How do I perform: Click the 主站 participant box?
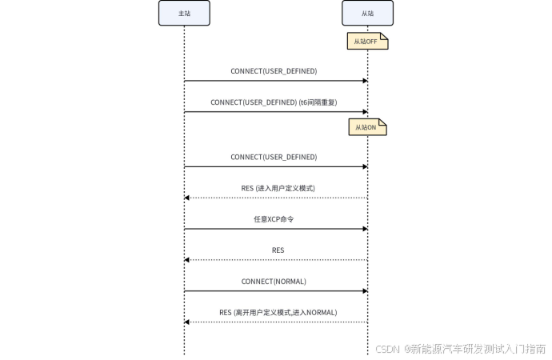(x=184, y=13)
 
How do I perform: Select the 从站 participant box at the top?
(x=367, y=13)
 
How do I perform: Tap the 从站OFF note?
(x=367, y=41)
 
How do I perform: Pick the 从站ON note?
(x=367, y=127)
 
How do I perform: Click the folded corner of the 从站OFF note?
(x=385, y=36)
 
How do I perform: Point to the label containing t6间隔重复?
(x=274, y=102)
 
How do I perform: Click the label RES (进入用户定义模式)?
(x=278, y=188)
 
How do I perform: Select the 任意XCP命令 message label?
(x=274, y=219)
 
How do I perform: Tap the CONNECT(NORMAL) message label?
(x=274, y=282)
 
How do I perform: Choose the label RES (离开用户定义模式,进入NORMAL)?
(x=278, y=313)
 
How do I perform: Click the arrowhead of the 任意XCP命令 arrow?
(x=366, y=229)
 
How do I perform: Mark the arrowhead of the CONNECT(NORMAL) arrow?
(x=366, y=291)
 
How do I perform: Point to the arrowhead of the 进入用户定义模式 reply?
(x=186, y=198)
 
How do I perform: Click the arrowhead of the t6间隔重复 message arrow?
(x=366, y=112)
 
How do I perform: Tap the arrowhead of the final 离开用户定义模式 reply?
(x=186, y=322)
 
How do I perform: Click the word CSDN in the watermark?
(x=387, y=349)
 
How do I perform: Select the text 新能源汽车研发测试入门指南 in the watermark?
(x=478, y=349)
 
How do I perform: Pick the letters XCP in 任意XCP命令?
(x=274, y=219)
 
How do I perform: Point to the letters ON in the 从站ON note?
(x=372, y=127)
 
